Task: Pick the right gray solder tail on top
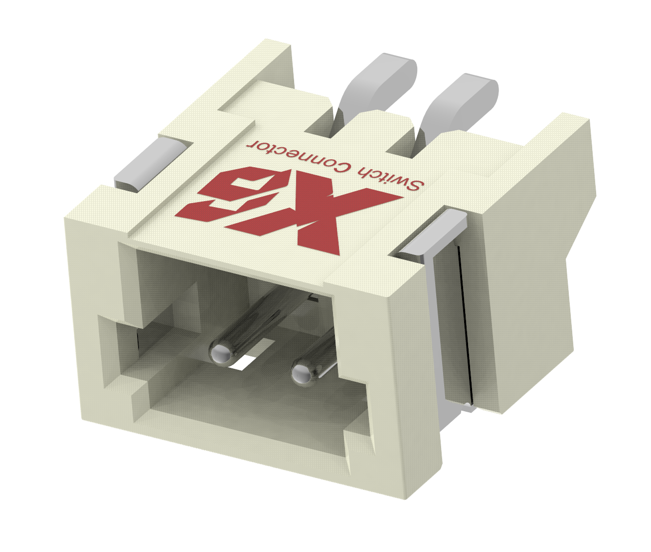point(461,100)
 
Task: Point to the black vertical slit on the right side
point(465,319)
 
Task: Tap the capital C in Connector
point(343,167)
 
